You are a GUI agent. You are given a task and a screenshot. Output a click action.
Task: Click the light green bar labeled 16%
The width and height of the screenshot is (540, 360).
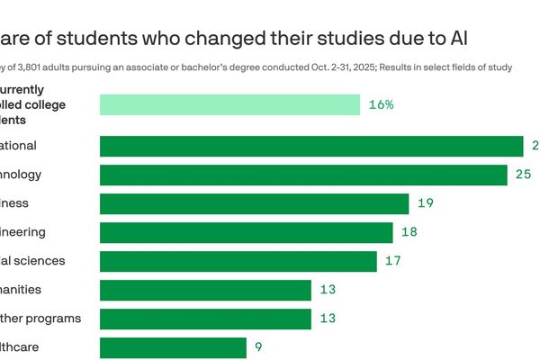[x=229, y=104]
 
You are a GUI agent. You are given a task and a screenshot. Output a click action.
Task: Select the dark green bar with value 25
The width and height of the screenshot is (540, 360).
[x=303, y=175]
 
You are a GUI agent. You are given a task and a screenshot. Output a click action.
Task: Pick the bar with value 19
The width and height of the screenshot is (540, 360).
[x=254, y=203]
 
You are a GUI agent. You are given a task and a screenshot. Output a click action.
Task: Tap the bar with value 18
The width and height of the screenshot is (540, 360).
[x=246, y=232]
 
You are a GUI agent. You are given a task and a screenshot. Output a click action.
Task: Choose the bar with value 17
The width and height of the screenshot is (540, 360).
[x=238, y=261]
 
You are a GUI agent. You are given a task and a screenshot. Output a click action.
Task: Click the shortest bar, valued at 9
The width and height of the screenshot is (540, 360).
[x=173, y=347]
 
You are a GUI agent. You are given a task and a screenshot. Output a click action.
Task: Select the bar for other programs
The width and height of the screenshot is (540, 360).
[x=205, y=319]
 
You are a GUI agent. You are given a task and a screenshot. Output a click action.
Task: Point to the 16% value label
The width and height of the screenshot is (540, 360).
[x=381, y=104]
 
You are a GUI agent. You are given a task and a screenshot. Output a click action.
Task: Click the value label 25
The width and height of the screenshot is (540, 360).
[x=523, y=175]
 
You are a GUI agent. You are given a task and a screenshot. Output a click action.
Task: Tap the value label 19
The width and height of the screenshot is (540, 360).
[x=425, y=203]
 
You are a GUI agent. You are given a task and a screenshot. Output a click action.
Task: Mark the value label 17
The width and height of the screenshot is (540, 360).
[x=392, y=261]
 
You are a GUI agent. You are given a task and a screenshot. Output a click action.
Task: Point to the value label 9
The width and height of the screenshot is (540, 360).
[x=257, y=347]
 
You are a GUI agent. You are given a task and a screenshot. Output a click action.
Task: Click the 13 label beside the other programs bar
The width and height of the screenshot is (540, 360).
[x=327, y=319]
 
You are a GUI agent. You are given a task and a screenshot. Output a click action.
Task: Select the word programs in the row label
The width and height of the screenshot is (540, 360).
[x=52, y=319]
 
